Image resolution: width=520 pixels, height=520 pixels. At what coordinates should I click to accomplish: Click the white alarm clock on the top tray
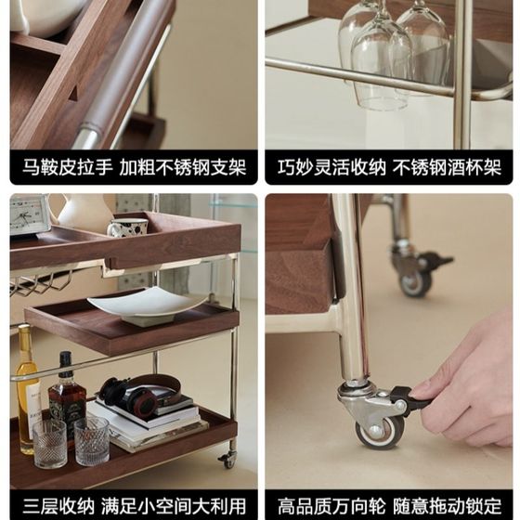tap(29, 214)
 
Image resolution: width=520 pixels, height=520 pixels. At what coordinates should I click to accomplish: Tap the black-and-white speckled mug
tap(128, 227)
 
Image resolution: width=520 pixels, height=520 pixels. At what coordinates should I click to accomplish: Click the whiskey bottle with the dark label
tap(67, 395)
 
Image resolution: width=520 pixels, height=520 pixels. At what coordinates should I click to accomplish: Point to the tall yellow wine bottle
tap(27, 390)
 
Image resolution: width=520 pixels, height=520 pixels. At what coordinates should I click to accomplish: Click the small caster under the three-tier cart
tap(228, 460)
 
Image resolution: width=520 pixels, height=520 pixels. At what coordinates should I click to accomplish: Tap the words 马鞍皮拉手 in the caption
tap(68, 167)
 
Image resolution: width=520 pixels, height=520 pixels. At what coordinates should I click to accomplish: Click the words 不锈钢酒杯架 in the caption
tap(447, 167)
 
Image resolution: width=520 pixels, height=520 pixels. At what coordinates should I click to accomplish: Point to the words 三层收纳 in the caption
tap(58, 505)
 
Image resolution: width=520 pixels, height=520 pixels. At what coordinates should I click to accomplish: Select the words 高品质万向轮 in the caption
tap(331, 505)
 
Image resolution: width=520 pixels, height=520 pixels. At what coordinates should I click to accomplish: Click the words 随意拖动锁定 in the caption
tap(447, 505)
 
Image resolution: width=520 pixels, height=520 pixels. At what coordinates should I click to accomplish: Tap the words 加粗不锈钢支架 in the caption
tap(183, 167)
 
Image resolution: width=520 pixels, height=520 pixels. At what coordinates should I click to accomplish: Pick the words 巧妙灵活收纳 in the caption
tap(332, 167)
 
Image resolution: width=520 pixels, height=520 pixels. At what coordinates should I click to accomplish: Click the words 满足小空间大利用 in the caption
tap(174, 505)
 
